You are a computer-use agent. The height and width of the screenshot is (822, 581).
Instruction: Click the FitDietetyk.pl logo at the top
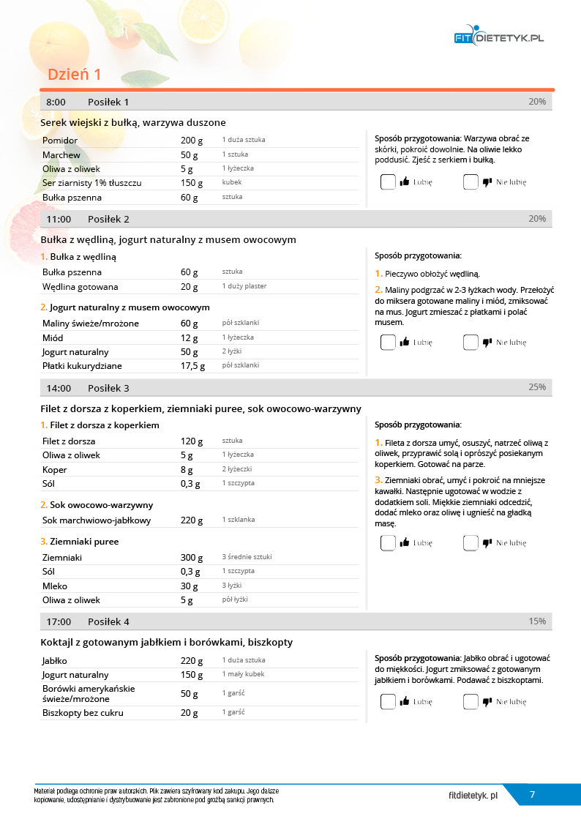click(x=498, y=37)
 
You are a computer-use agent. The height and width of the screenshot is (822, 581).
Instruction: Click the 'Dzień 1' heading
click(x=74, y=75)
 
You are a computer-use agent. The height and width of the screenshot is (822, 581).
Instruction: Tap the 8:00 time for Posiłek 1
click(x=56, y=102)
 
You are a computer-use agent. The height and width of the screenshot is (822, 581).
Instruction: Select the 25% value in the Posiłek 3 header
click(x=537, y=387)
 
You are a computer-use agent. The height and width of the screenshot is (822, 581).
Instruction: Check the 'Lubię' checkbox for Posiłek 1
click(x=388, y=182)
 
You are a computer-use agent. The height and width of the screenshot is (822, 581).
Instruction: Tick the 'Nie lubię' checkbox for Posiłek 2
click(x=471, y=342)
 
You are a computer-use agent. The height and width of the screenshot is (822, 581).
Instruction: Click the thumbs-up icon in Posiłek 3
click(x=405, y=543)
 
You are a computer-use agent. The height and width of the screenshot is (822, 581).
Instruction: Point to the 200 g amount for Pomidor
click(x=190, y=140)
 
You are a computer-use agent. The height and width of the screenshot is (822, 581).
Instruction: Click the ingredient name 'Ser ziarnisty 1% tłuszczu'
click(x=91, y=182)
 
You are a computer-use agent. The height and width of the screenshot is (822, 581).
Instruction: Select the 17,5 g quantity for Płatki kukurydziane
click(x=192, y=366)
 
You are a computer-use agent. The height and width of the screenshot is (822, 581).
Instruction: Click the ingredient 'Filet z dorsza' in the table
click(x=69, y=441)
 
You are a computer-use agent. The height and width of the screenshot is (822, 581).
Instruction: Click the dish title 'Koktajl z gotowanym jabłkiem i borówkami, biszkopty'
click(x=167, y=643)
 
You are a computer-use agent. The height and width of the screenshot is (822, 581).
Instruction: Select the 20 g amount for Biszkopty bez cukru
click(x=190, y=713)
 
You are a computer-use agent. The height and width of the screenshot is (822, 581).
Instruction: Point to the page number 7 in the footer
click(x=532, y=795)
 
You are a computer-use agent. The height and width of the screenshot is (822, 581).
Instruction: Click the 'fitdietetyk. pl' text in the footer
click(x=473, y=795)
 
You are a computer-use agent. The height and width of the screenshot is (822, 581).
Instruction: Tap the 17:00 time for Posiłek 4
click(x=59, y=621)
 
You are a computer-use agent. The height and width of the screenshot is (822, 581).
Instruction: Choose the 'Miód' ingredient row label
click(x=53, y=338)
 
